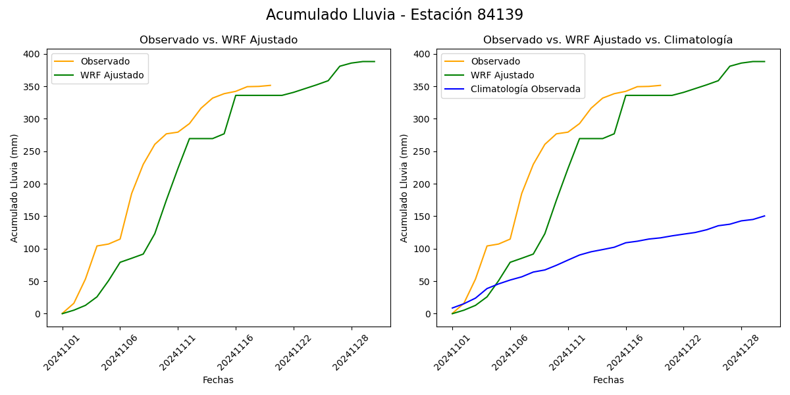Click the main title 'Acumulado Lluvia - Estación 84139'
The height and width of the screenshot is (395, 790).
coord(394,15)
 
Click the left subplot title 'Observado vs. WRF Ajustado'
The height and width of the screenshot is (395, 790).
coord(219,40)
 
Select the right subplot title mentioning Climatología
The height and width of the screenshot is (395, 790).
coord(608,40)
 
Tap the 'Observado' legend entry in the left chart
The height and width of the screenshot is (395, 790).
coord(105,61)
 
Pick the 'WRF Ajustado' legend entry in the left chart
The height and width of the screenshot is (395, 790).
coord(112,75)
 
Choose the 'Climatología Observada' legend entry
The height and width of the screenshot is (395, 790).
coord(525,89)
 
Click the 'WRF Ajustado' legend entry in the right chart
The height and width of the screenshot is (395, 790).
coord(502,75)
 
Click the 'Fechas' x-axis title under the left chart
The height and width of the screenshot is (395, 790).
coord(218,380)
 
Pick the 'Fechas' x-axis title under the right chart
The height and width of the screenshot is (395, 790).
coord(608,380)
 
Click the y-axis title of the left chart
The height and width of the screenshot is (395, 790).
coord(14,188)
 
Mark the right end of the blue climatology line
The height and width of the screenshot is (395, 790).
coord(764,216)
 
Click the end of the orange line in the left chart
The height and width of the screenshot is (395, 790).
coord(271,85)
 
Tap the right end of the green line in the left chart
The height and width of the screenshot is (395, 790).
coord(375,61)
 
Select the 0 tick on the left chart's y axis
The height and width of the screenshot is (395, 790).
coord(38,314)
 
